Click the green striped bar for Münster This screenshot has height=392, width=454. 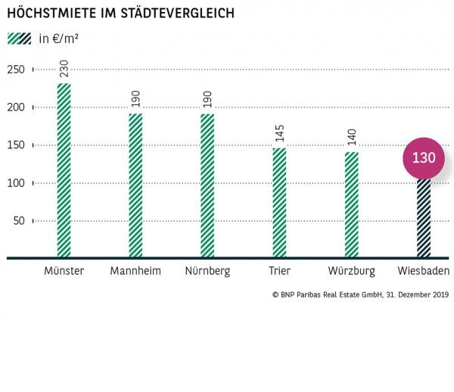point(64,170)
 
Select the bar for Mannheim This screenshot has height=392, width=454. point(135,185)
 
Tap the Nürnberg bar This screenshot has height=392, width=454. point(207,185)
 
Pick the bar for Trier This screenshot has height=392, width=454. point(279,203)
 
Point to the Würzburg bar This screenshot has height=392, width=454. point(351,204)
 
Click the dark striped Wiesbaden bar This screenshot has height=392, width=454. point(423,219)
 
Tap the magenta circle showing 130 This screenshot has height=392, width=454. point(423,158)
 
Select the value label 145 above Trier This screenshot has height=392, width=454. point(279,135)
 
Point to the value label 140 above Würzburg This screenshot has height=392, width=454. point(351,138)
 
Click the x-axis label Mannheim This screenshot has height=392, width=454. point(135,271)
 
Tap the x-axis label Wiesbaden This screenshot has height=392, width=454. point(423,271)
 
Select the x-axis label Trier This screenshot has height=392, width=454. point(279,271)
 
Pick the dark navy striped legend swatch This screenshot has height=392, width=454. point(25,39)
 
